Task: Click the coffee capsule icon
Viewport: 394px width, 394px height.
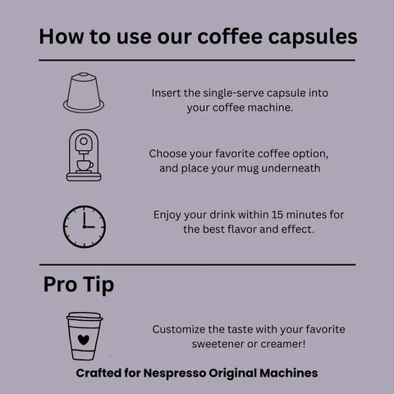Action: click(84, 93)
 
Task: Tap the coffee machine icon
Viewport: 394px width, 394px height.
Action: click(84, 155)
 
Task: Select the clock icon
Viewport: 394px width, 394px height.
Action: click(85, 227)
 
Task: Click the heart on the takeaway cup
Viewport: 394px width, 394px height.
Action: click(84, 340)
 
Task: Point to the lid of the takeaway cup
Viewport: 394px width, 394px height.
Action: click(85, 317)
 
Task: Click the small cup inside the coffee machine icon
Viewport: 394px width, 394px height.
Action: click(85, 166)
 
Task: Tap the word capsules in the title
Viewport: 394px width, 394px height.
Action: click(313, 37)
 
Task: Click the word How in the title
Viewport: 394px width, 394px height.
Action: click(62, 36)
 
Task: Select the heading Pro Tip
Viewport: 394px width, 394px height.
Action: click(79, 285)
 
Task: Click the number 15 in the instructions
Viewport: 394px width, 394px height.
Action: click(277, 215)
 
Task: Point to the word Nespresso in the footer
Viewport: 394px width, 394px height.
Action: click(174, 373)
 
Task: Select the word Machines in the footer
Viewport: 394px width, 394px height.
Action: click(289, 373)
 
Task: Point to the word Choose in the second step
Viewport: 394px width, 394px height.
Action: click(167, 153)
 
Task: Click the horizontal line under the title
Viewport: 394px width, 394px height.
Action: click(197, 60)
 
